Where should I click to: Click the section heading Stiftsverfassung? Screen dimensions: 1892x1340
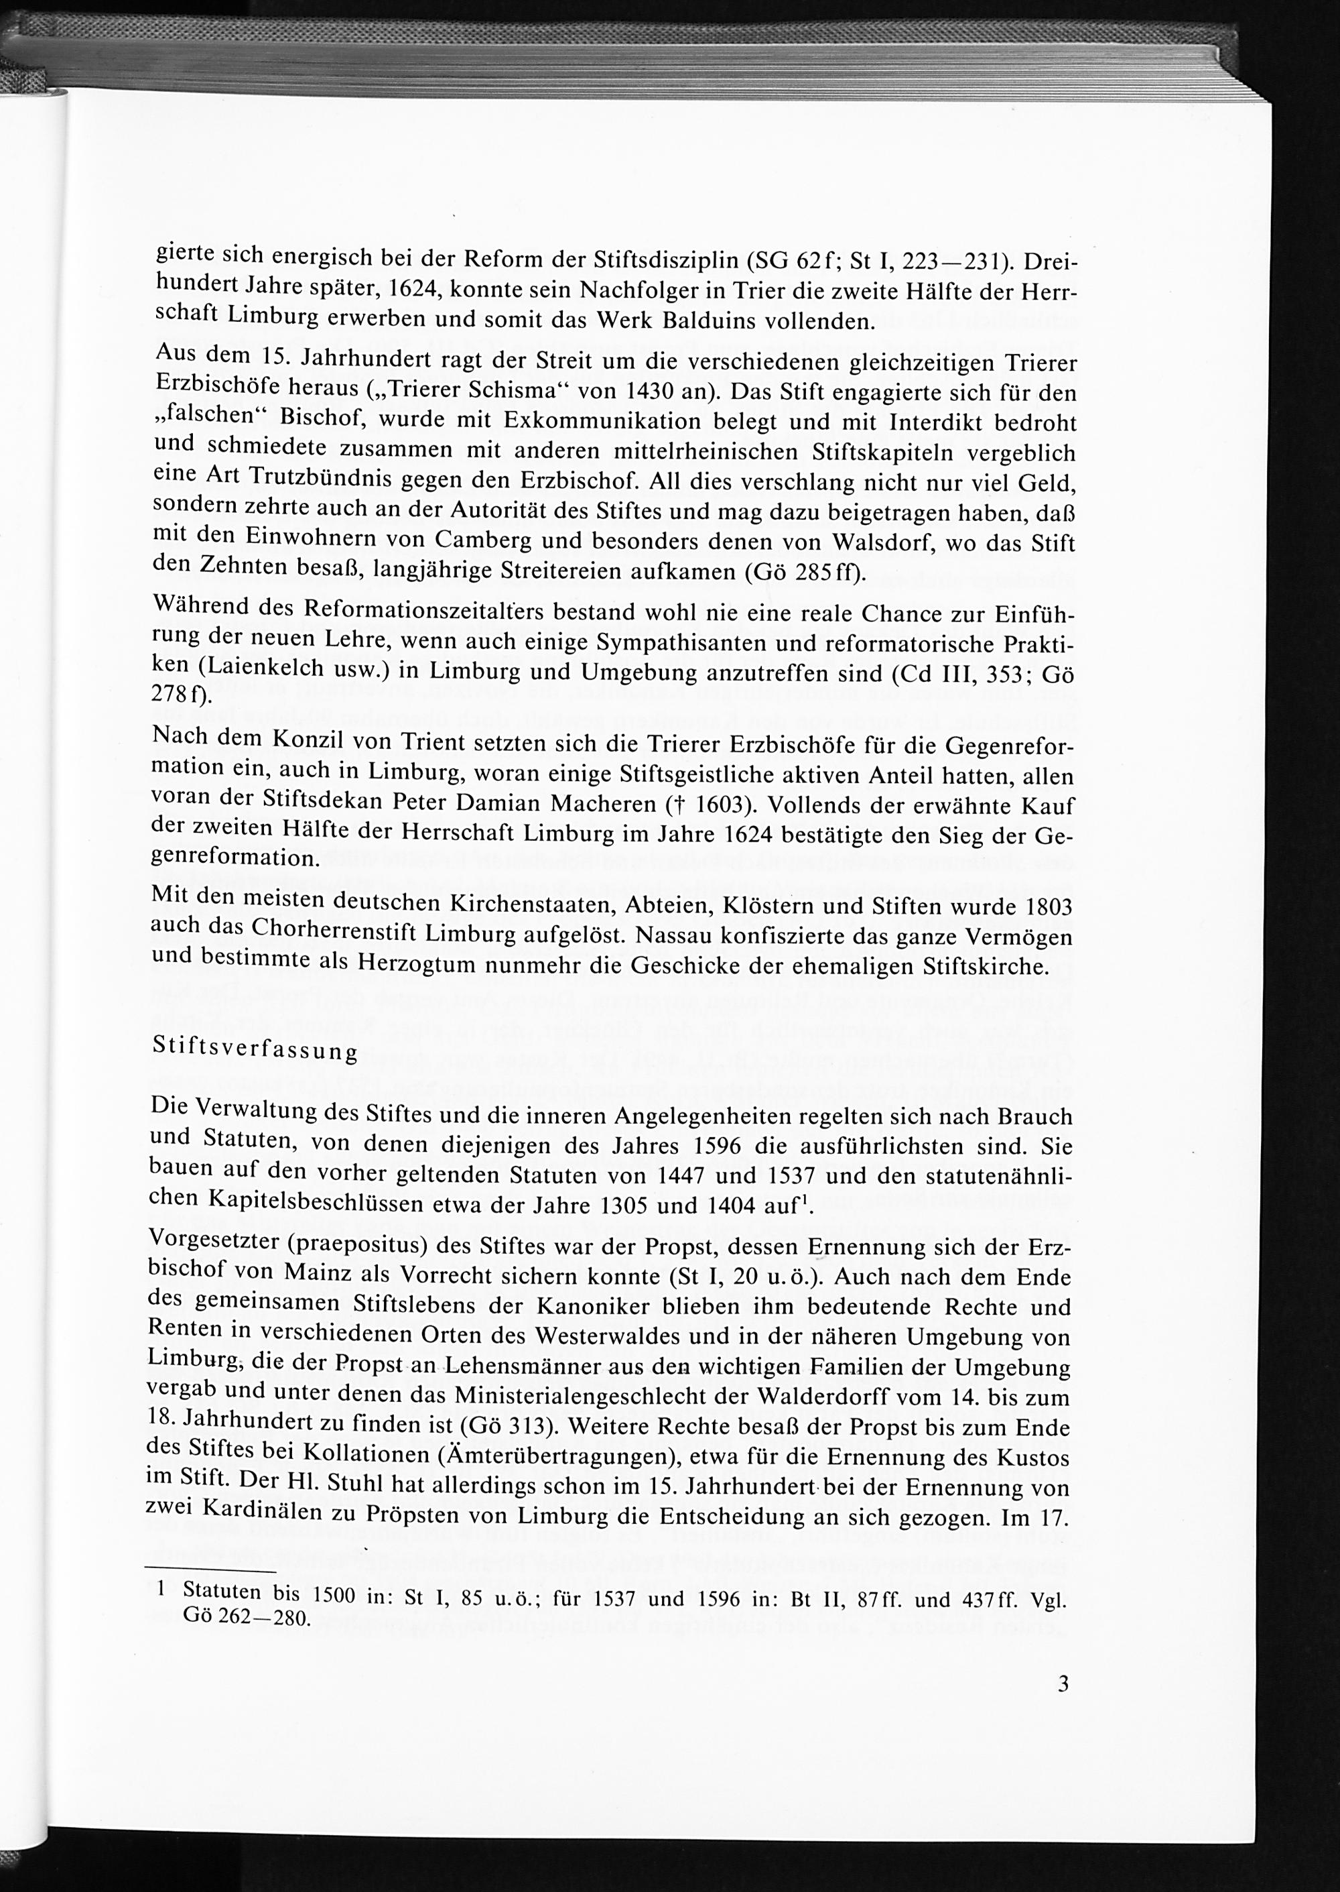point(255,1051)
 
